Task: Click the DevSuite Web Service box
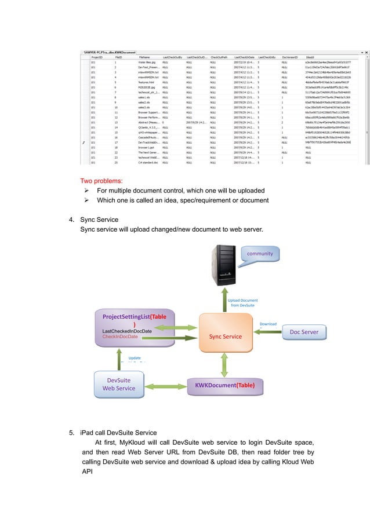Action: tap(118, 384)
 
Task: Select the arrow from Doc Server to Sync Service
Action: tap(266, 332)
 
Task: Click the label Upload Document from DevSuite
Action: tap(242, 302)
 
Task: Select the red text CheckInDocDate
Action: tap(120, 336)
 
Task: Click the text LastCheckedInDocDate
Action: tap(127, 331)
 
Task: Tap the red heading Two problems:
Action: tap(101, 181)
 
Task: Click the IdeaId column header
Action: tap(310, 58)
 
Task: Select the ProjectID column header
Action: tap(97, 58)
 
